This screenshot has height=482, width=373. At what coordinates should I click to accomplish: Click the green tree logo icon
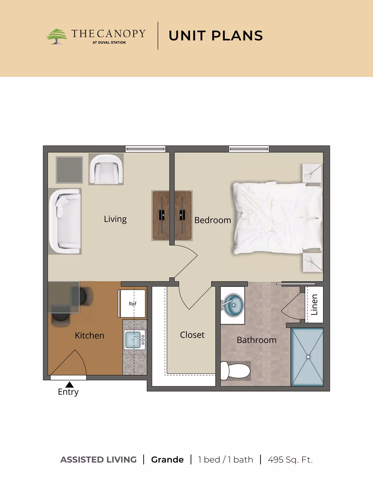tap(57, 36)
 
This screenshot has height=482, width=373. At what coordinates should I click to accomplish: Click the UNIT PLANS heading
tap(216, 36)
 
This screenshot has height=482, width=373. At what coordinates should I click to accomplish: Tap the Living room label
tap(115, 219)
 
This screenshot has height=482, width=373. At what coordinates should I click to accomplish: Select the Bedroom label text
tap(213, 220)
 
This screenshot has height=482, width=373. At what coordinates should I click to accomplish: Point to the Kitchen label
tap(90, 335)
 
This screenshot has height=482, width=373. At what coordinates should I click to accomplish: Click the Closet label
tap(192, 335)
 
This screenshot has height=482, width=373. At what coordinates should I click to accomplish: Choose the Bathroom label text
tap(256, 340)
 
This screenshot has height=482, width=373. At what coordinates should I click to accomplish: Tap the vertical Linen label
tap(314, 305)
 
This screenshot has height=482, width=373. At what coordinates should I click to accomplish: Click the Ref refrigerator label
tap(132, 304)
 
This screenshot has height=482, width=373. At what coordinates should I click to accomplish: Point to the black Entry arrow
tap(69, 385)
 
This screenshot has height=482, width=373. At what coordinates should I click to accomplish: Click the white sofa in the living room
tap(65, 221)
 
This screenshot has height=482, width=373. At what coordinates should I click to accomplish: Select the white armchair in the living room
tap(106, 170)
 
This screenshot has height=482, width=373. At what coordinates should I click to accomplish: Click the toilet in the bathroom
tap(235, 371)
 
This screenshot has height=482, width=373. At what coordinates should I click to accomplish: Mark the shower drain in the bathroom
tap(308, 357)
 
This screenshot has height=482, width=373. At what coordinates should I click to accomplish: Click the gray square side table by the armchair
tap(69, 170)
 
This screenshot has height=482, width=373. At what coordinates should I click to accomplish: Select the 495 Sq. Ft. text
tap(290, 460)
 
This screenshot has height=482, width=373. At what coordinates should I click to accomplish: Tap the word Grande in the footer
tap(167, 460)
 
